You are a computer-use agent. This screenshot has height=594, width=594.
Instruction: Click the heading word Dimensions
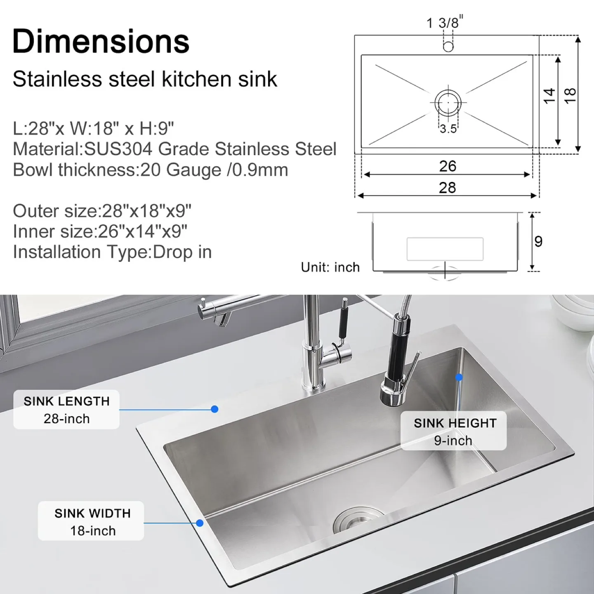[101, 41]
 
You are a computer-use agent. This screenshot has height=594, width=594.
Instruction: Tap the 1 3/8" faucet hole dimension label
[444, 22]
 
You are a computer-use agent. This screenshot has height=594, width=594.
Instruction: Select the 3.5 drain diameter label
[448, 129]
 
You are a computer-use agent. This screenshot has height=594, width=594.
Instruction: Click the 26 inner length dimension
[448, 166]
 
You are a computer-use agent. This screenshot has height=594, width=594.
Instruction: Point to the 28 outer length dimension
[448, 188]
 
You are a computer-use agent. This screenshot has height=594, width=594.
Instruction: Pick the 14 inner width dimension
[549, 96]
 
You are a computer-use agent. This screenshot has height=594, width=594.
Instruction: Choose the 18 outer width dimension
[570, 96]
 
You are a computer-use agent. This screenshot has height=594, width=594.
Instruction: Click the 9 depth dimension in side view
[538, 241]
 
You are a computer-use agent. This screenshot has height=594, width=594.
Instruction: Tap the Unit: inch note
[330, 267]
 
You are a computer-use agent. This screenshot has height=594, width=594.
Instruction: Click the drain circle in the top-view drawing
[448, 102]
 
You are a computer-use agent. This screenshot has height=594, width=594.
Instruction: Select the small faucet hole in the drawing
[448, 46]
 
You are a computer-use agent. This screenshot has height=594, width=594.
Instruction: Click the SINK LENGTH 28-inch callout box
[66, 410]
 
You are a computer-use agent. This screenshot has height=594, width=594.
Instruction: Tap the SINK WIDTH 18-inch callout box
[91, 521]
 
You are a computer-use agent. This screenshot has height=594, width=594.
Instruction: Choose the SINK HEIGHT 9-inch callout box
[454, 431]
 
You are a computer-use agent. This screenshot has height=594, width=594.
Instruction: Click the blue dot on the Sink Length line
[214, 409]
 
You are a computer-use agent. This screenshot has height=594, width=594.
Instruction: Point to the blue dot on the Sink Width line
[200, 523]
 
